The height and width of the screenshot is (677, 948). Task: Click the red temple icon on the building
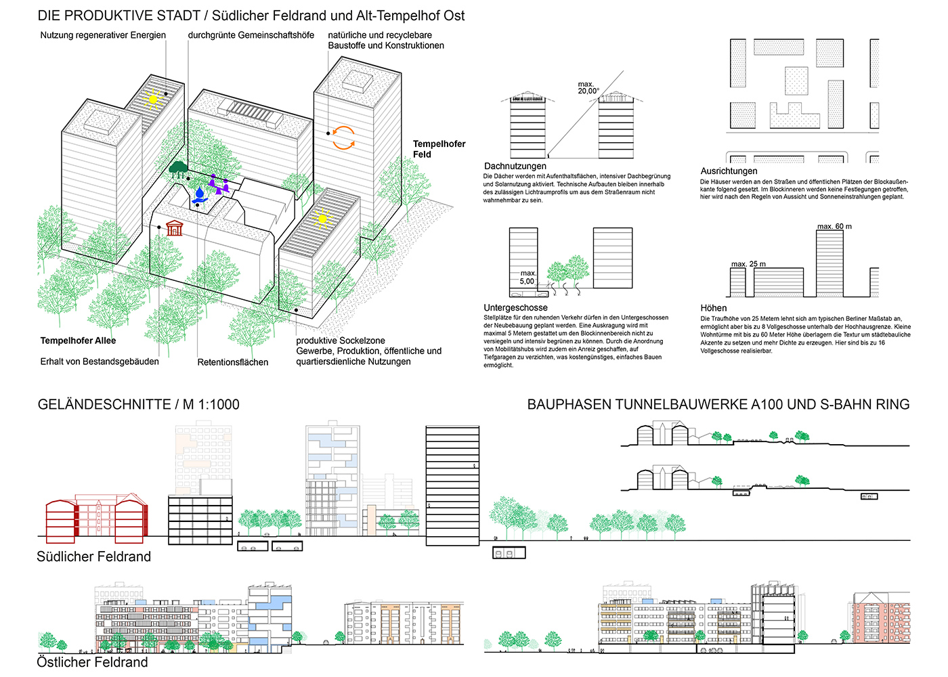tap(175, 228)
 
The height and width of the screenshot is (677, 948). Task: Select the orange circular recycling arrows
tap(343, 137)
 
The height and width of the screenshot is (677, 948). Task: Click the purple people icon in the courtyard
tap(218, 183)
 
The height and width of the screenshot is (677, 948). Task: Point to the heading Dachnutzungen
tap(515, 166)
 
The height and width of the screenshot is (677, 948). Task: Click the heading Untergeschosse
tap(515, 307)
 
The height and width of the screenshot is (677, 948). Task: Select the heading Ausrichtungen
tap(729, 171)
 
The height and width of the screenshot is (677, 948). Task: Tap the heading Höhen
tap(714, 308)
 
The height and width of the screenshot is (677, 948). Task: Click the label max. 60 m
tap(834, 226)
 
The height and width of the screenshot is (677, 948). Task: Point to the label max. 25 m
tap(748, 264)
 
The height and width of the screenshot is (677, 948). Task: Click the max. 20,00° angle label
tap(588, 87)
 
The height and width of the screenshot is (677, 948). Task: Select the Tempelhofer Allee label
tap(78, 341)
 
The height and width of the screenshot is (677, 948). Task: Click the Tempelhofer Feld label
tap(439, 149)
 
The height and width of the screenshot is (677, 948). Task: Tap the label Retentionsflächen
tap(232, 362)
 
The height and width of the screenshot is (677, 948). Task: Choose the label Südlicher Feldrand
tap(93, 556)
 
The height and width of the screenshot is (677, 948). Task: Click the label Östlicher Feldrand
tap(92, 662)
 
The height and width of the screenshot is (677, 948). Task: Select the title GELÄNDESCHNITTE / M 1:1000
tap(138, 404)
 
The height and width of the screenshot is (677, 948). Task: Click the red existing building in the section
tap(96, 519)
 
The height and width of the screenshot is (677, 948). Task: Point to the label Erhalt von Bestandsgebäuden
tap(100, 362)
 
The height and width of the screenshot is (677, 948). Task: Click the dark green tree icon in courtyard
tap(179, 167)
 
